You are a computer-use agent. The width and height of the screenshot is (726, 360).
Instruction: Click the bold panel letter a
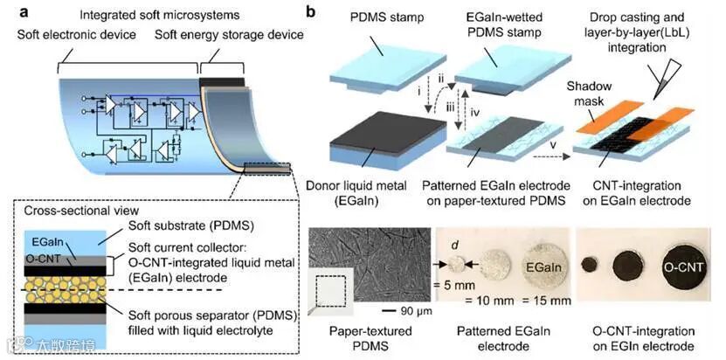[10, 13]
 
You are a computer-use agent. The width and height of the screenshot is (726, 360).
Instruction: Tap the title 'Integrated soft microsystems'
[161, 14]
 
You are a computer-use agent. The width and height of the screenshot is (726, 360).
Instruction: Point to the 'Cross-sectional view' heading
[69, 211]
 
